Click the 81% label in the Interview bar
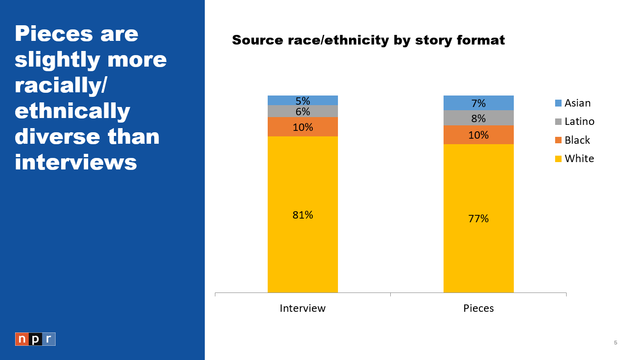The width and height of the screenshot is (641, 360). pyautogui.click(x=303, y=215)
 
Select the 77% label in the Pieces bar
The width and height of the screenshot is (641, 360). pyautogui.click(x=478, y=219)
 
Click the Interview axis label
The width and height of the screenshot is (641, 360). pyautogui.click(x=303, y=308)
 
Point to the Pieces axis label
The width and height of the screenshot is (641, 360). pyautogui.click(x=478, y=308)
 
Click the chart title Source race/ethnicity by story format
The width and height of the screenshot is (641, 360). pyautogui.click(x=368, y=40)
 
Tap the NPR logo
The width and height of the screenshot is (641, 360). pyautogui.click(x=35, y=339)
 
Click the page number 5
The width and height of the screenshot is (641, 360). pyautogui.click(x=615, y=343)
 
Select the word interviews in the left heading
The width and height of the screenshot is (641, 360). pyautogui.click(x=76, y=162)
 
